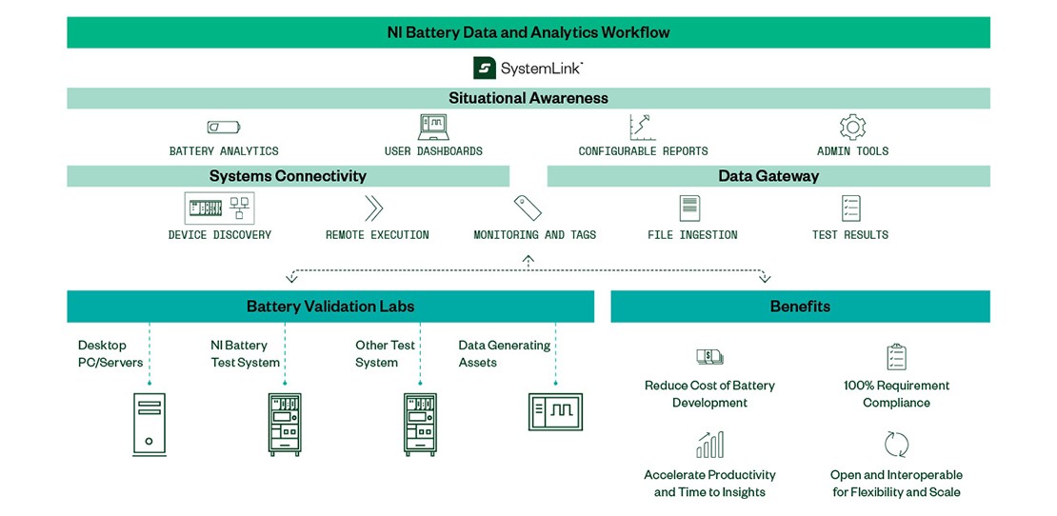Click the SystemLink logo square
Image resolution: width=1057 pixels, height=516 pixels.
(x=485, y=68)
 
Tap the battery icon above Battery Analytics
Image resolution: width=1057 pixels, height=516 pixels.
(x=224, y=127)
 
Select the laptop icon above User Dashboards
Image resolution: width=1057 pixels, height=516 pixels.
(x=433, y=127)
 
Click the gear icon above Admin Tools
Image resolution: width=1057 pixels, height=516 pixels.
(x=852, y=127)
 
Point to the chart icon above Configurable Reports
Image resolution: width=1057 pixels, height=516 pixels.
(x=643, y=127)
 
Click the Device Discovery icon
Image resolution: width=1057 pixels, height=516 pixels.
(x=220, y=208)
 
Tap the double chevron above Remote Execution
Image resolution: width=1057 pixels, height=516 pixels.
(x=374, y=208)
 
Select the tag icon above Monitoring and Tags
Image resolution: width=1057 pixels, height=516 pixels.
(x=528, y=208)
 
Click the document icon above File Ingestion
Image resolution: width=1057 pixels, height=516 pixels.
(x=689, y=208)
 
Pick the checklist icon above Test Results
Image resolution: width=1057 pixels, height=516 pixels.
(x=850, y=208)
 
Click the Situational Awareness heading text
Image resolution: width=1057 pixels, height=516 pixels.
(x=528, y=98)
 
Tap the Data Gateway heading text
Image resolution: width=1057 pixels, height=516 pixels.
(x=768, y=176)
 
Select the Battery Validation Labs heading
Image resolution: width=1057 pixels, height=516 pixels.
(x=330, y=307)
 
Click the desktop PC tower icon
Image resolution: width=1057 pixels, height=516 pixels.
(x=149, y=424)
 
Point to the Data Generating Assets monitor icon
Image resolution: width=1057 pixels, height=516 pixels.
(x=555, y=410)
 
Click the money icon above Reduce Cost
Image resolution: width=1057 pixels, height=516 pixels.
(x=709, y=357)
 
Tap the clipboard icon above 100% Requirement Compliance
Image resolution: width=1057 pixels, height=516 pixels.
(x=896, y=357)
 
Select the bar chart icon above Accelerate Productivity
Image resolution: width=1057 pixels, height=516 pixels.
(x=709, y=445)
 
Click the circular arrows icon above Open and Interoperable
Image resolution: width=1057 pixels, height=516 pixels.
(x=896, y=445)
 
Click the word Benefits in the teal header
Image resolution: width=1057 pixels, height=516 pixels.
(x=800, y=307)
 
